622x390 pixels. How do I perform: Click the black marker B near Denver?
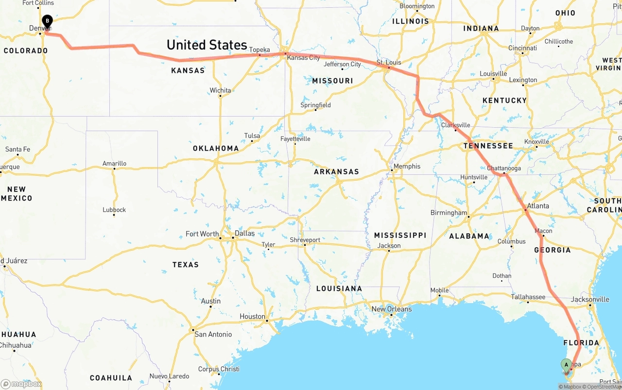[47, 21]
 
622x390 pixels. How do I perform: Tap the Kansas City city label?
[303, 57]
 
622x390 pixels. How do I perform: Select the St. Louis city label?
[389, 63]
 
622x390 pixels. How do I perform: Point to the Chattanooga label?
[504, 169]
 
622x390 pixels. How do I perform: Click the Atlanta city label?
[538, 206]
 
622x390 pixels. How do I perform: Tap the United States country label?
[207, 45]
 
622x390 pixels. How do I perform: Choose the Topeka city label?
[259, 50]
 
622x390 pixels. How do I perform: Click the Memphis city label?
[407, 166]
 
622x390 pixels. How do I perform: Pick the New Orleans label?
[391, 309]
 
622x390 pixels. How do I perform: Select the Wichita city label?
[220, 90]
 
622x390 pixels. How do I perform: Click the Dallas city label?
[244, 233]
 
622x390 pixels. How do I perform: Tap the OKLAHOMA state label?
[216, 148]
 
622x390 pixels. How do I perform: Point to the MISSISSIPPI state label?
[400, 235]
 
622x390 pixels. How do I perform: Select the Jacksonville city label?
[590, 299]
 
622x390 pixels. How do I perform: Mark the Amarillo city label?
[114, 164]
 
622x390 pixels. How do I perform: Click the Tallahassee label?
[528, 297]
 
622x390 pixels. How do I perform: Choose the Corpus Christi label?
[219, 369]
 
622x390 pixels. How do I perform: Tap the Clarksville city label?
[456, 125]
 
